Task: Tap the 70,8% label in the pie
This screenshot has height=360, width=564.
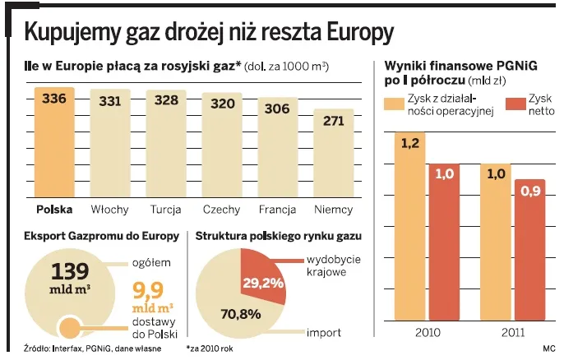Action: click(241, 313)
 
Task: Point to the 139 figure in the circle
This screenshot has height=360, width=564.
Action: click(71, 272)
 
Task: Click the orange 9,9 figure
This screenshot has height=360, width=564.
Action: click(147, 289)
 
